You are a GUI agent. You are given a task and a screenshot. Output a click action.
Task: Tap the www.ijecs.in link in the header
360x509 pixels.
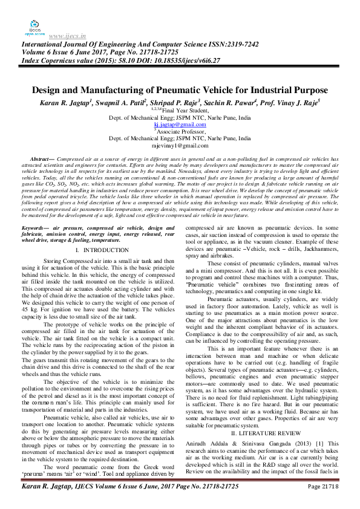click(x=67, y=36)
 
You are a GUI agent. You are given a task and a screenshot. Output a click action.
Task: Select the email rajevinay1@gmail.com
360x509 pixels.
click(x=180, y=146)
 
